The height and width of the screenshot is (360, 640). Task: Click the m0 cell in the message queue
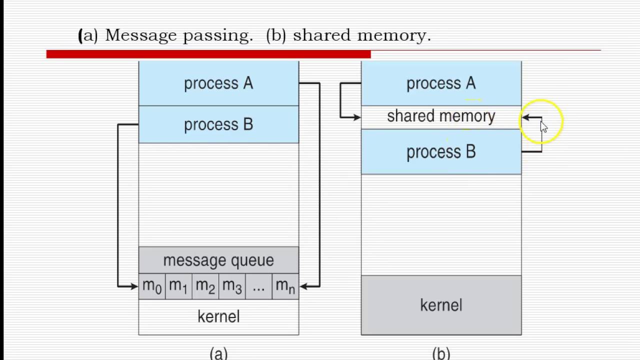coord(152,286)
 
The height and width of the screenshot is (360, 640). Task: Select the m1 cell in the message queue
coord(178,286)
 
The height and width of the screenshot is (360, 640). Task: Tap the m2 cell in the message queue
coord(205,286)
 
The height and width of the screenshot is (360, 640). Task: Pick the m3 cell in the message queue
coord(232,286)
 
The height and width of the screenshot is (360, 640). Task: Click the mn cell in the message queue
coord(285,286)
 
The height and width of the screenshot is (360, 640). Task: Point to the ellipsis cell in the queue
coord(258,286)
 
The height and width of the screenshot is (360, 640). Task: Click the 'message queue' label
coord(218,260)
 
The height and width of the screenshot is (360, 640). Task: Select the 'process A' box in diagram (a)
coord(218,83)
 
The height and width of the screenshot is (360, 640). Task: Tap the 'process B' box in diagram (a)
coord(218,124)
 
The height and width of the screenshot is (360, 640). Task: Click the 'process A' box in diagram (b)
coord(441,83)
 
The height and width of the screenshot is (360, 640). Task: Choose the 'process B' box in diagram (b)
coord(441,152)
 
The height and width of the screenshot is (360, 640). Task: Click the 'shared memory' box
coord(441,116)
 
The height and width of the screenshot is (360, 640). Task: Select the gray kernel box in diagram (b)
coord(441,305)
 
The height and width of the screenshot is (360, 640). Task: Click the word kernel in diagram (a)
coord(218,316)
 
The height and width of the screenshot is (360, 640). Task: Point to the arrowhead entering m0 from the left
coord(134,286)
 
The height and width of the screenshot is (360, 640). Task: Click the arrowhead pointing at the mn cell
coord(303,286)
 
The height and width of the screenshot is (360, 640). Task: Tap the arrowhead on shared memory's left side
coord(356,117)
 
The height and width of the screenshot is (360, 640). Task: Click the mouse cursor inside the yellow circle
coord(543,126)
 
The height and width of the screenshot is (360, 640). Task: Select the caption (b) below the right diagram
coord(441,353)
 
